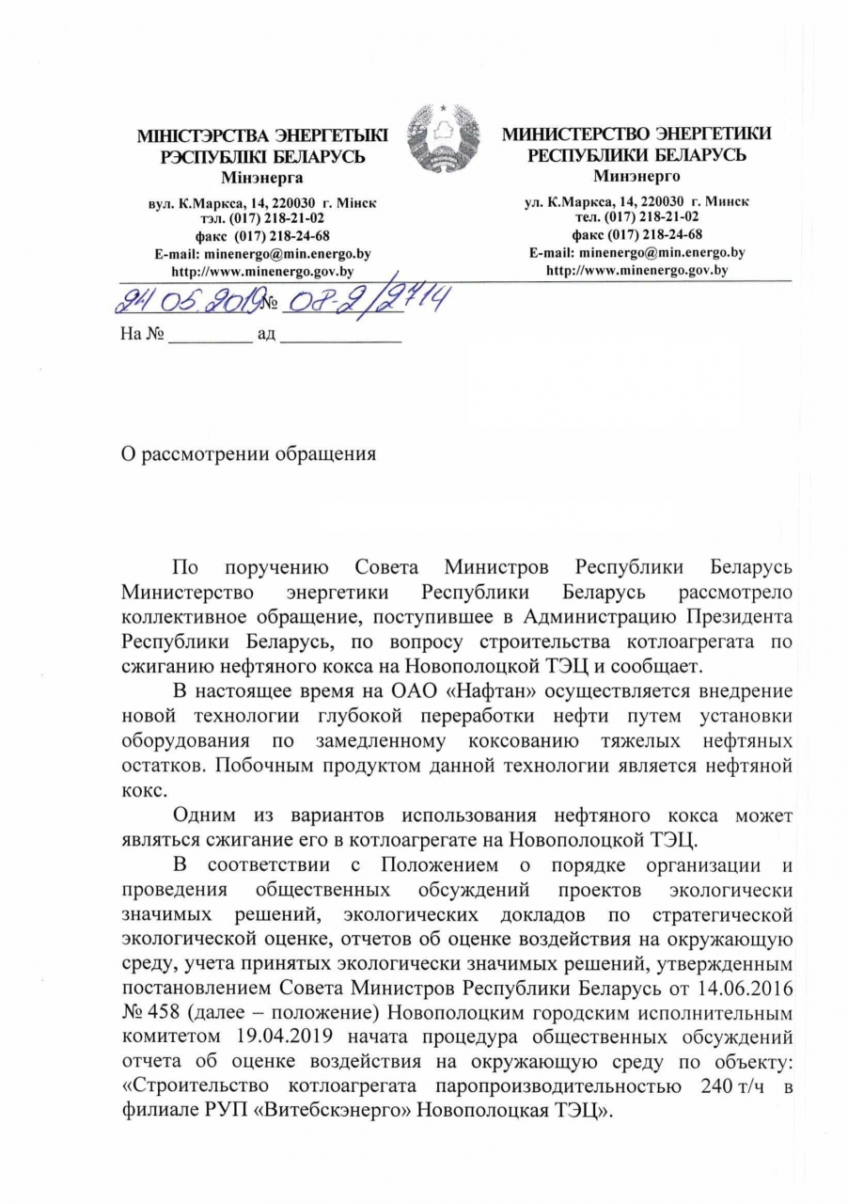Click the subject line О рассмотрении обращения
coord(250,454)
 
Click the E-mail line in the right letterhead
coord(637,252)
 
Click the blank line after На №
coord(210,335)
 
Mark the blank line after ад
coord(341,335)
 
